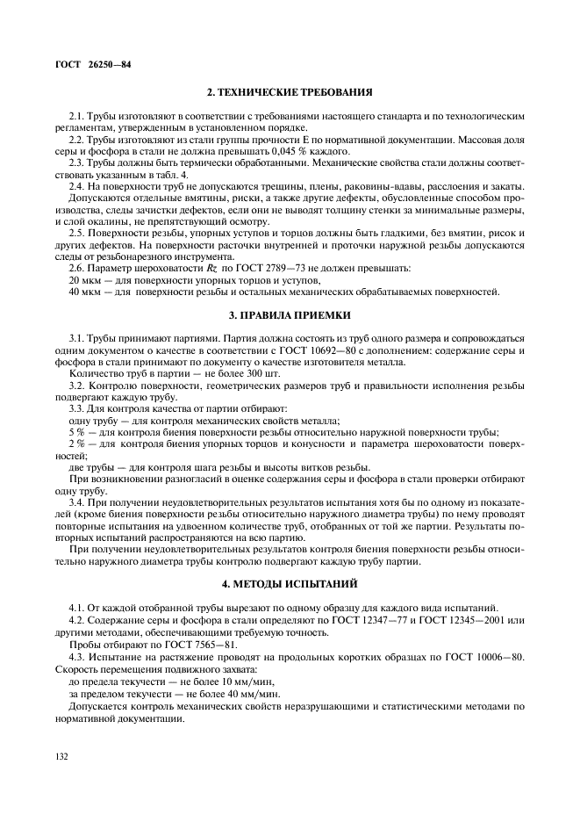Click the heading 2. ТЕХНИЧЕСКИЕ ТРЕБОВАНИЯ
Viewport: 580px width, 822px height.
(290, 92)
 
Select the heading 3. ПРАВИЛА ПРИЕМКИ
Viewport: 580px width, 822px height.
(290, 338)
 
